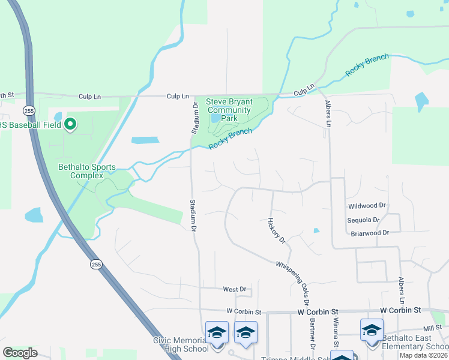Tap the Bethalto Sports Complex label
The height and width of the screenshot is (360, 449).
[86, 171]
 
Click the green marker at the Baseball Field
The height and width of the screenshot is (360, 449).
[70, 124]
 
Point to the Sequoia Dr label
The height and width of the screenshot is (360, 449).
[363, 220]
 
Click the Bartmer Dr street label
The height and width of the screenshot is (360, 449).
[313, 334]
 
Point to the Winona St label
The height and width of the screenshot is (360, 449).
[336, 329]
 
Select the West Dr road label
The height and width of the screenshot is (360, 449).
[235, 289]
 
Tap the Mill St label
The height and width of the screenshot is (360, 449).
[432, 328]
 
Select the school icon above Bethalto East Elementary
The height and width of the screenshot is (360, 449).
[372, 331]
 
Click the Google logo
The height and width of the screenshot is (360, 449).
[20, 353]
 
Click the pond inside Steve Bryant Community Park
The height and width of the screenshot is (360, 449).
[215, 124]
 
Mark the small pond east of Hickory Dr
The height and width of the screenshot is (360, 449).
[316, 230]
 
